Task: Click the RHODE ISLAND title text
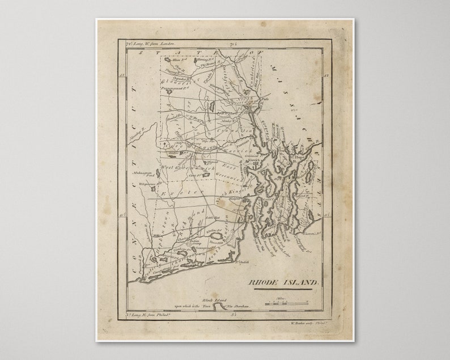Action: click(x=284, y=282)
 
